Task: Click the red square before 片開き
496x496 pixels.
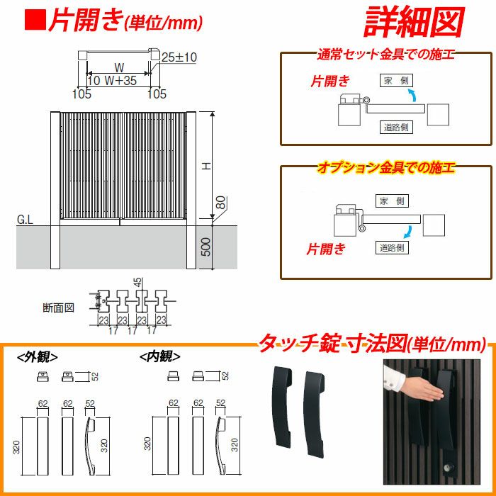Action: pyautogui.click(x=35, y=21)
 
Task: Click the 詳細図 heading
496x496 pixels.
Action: pyautogui.click(x=414, y=23)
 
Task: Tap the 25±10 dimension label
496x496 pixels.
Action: pyautogui.click(x=179, y=57)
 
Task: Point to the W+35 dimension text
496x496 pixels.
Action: pyautogui.click(x=120, y=80)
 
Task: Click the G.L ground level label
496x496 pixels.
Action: pyautogui.click(x=25, y=220)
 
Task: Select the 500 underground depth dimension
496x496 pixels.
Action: pyautogui.click(x=205, y=247)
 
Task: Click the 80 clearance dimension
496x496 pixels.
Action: pyautogui.click(x=222, y=203)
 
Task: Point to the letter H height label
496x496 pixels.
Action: pyautogui.click(x=207, y=165)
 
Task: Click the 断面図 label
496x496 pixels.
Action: pyautogui.click(x=59, y=308)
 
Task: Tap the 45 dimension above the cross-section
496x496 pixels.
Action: pyautogui.click(x=139, y=282)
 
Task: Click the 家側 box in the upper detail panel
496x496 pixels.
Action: pyautogui.click(x=396, y=81)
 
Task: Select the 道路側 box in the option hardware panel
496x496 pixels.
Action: pyautogui.click(x=392, y=247)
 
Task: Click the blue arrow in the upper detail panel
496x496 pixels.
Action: pyautogui.click(x=412, y=95)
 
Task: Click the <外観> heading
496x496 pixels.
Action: pyautogui.click(x=38, y=357)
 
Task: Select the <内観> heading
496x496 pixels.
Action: pyautogui.click(x=160, y=357)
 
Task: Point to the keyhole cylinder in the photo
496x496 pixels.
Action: pyautogui.click(x=449, y=467)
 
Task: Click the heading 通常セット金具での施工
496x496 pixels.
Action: pyautogui.click(x=386, y=55)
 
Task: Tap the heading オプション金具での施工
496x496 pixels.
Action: pyautogui.click(x=386, y=168)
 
